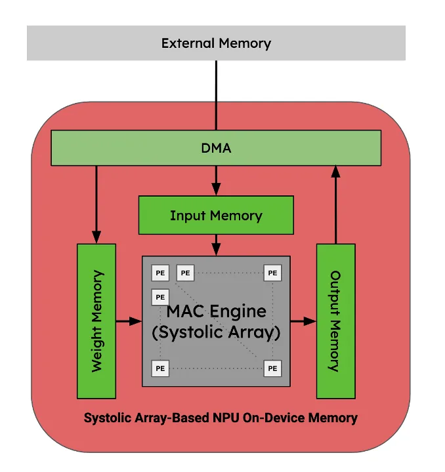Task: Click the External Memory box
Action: point(216,43)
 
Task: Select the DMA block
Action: point(216,147)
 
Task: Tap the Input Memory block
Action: point(216,216)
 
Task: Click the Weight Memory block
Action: point(96,321)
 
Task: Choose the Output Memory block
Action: point(335,321)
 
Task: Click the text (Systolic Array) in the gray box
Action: point(216,332)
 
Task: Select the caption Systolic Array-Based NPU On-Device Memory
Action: point(221,418)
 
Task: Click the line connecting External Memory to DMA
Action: point(216,95)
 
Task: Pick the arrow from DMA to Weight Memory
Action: point(96,203)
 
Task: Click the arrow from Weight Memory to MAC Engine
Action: point(129,321)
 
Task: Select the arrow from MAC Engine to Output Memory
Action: point(303,321)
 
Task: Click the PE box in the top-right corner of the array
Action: point(272,273)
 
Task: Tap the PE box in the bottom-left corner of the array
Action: point(159,368)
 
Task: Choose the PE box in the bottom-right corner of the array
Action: point(272,368)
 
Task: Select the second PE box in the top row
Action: point(185,273)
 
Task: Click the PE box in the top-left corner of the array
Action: point(159,273)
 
